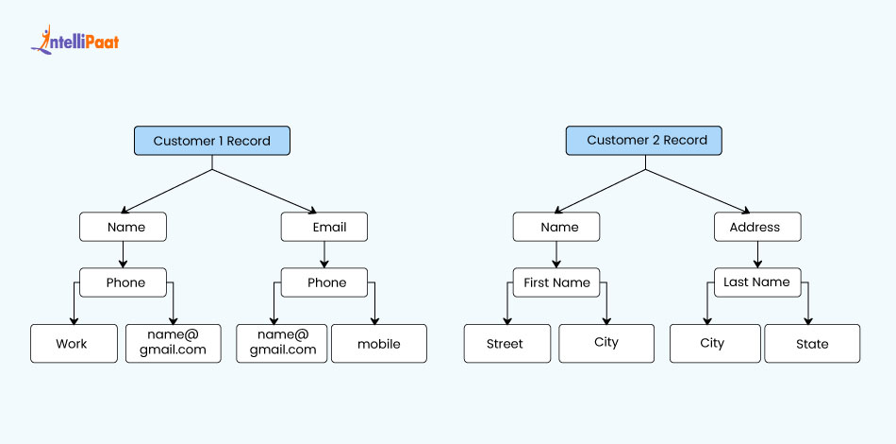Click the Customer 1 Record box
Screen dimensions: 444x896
[211, 141]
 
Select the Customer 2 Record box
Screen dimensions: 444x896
[646, 141]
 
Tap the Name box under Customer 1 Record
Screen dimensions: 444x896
[123, 227]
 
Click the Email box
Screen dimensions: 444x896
[324, 227]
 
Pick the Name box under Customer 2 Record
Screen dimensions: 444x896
[556, 227]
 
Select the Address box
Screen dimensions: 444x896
[757, 227]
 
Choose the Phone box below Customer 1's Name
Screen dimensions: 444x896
[123, 282]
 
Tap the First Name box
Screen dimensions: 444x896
[556, 282]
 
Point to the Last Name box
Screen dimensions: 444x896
[757, 282]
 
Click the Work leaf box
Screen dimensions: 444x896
[72, 344]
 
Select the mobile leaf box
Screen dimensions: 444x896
[378, 344]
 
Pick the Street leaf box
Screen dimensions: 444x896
[506, 344]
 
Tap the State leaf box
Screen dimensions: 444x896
[811, 344]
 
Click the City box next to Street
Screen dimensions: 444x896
[606, 344]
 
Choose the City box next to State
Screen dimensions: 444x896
[713, 344]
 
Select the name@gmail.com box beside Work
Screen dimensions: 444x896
[174, 344]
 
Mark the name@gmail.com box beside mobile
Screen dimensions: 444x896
[282, 344]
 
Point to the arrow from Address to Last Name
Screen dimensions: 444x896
[757, 255]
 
